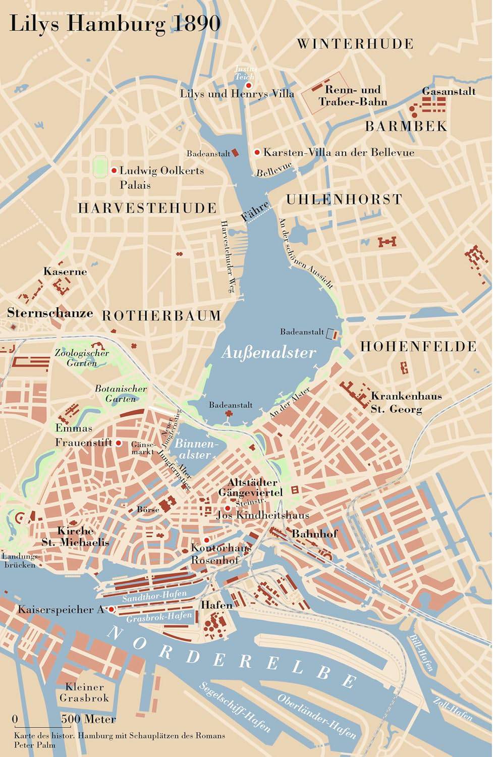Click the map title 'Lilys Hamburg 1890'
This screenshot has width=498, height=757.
point(115,24)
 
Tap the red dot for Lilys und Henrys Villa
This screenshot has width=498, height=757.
point(248,86)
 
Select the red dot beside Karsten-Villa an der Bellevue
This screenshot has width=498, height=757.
point(257,152)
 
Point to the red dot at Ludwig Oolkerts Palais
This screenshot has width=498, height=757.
point(114,171)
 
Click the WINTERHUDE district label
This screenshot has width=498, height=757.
point(355,44)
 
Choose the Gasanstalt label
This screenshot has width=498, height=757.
point(449,91)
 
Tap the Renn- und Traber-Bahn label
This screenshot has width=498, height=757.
point(353,96)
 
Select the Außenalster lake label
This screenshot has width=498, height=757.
point(268,352)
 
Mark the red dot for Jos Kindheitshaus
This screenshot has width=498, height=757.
point(228,508)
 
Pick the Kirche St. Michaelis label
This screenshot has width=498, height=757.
point(75,536)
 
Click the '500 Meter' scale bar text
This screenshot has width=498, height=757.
point(89,719)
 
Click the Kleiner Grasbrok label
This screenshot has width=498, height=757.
point(84,692)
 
